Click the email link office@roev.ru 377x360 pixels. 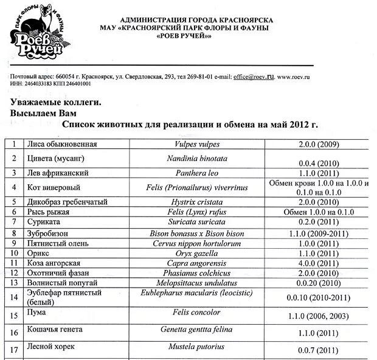pyautogui.click(x=254, y=77)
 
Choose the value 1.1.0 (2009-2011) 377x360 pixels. pyautogui.click(x=319, y=233)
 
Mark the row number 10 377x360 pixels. pyautogui.click(x=13, y=253)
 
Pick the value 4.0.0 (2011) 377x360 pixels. pyautogui.click(x=319, y=263)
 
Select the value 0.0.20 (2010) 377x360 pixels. pyautogui.click(x=319, y=283)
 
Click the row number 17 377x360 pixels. pyautogui.click(x=13, y=349)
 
